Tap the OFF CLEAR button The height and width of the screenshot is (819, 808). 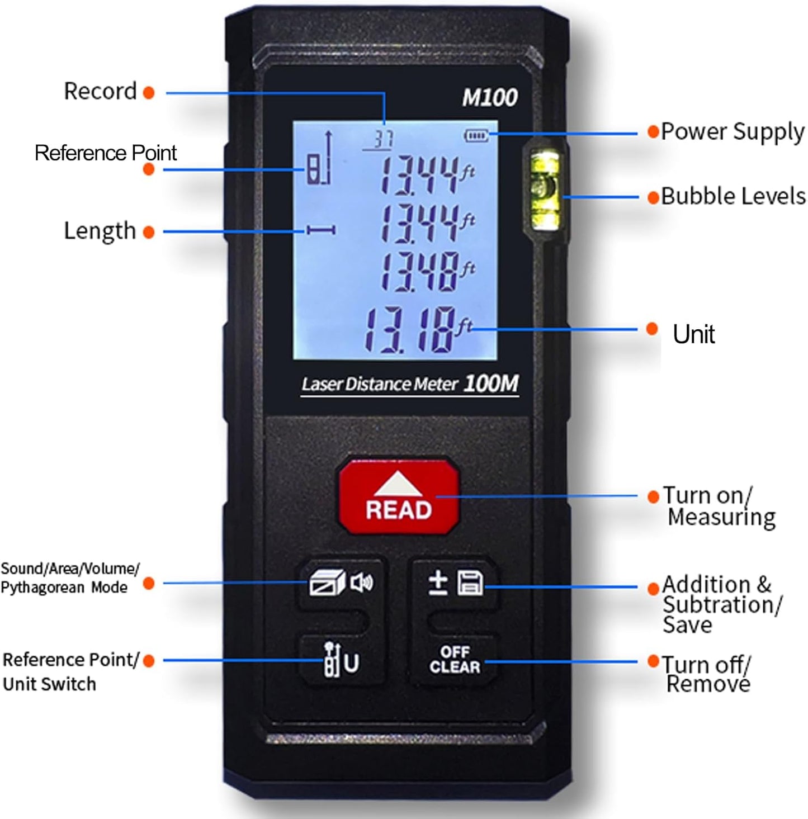(x=454, y=660)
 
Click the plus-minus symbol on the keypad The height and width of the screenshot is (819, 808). (x=437, y=583)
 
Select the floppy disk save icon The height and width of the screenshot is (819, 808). (x=470, y=583)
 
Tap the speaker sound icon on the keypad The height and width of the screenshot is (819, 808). (x=361, y=583)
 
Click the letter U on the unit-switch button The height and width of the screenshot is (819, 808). (x=352, y=663)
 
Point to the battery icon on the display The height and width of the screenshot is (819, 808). (x=476, y=135)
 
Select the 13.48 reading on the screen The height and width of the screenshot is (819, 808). (x=419, y=272)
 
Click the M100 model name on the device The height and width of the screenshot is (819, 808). (x=489, y=98)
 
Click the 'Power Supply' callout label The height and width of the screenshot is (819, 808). (x=733, y=132)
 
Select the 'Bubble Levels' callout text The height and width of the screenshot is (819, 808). (x=733, y=196)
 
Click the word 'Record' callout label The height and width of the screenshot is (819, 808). (x=100, y=91)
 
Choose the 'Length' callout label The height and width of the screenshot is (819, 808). (x=100, y=231)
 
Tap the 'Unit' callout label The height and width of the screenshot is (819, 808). (x=693, y=334)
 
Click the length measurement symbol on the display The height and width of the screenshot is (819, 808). (x=321, y=230)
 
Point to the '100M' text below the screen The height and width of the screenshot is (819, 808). (x=491, y=384)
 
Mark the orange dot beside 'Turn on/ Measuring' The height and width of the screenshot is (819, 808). (x=653, y=496)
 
